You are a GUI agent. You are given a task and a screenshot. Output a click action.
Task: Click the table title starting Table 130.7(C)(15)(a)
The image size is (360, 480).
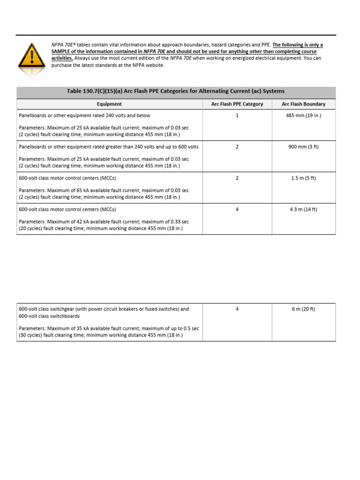pos(176,91)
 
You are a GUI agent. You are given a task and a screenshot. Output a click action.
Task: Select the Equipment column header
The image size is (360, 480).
pos(109,104)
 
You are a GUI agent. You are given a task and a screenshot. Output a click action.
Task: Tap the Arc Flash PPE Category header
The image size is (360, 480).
pos(237,104)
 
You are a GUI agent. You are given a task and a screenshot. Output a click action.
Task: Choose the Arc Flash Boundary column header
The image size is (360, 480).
pos(303,104)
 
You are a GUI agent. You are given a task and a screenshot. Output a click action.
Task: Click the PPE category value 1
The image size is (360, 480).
pos(237,115)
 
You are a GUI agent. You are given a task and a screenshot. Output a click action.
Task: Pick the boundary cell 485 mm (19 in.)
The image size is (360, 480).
pos(303,115)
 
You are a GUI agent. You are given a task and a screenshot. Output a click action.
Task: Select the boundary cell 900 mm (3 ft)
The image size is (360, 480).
pos(303,147)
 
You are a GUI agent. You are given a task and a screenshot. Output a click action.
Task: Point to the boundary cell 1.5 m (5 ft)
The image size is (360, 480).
pos(303,178)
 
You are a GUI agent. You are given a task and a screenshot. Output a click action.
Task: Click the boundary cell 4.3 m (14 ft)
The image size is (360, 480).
pos(303,210)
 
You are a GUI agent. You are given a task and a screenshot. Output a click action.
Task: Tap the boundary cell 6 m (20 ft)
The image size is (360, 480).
pos(303,309)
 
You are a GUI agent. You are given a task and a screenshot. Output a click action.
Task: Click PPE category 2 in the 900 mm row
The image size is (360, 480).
pos(237,147)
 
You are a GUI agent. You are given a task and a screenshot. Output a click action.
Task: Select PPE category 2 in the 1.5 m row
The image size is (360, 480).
pos(237,178)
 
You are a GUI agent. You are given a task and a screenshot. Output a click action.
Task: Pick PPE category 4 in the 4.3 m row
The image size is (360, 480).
pos(237,210)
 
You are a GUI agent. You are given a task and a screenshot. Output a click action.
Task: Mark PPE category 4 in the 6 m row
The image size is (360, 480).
pos(237,309)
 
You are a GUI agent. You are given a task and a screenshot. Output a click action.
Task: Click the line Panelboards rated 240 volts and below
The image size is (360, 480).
pos(84,115)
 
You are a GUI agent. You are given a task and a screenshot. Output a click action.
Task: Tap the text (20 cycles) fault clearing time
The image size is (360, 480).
pos(52,229)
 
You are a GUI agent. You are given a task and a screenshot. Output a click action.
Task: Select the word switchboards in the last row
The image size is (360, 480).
pos(66,316)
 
